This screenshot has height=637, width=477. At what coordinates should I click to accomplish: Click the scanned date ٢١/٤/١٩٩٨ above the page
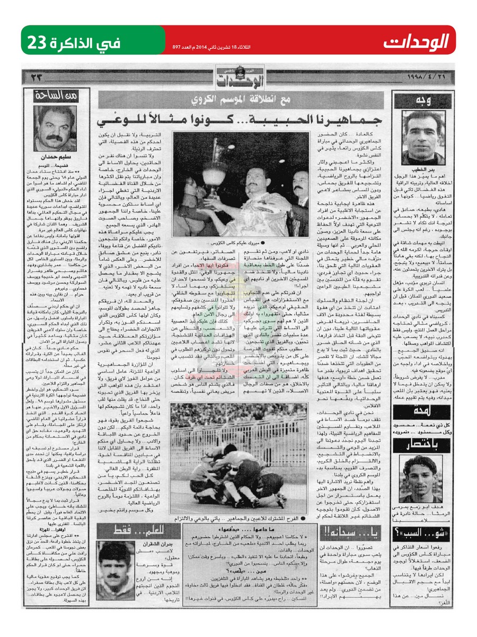(x=424, y=78)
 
